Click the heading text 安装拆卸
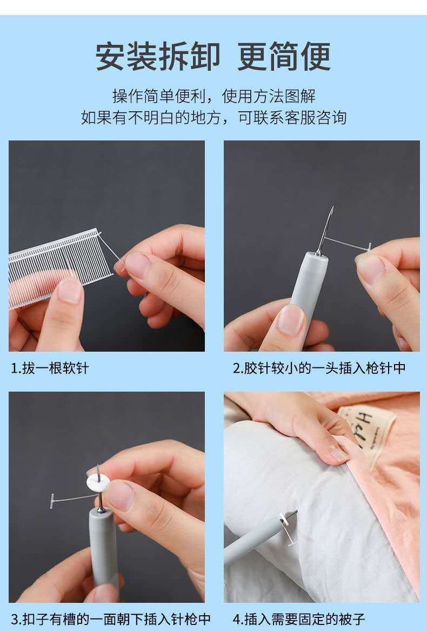[x=158, y=56]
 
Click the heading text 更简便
[x=284, y=56]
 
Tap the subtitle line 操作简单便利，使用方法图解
[x=213, y=96]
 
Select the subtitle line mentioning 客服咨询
[x=213, y=117]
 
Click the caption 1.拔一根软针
[x=50, y=368]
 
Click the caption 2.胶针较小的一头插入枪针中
[x=319, y=368]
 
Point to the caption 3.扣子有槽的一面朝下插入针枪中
[x=111, y=618]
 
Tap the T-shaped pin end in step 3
[x=53, y=499]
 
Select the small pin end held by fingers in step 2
[x=369, y=247]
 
